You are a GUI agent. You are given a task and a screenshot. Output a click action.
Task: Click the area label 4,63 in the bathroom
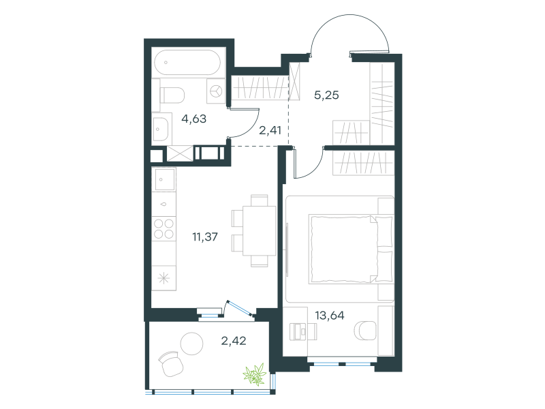193,119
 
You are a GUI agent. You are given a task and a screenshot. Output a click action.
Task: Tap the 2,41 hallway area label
270,130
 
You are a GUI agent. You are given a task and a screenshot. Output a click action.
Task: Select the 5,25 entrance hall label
326,95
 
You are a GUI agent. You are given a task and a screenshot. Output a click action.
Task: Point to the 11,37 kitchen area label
205,237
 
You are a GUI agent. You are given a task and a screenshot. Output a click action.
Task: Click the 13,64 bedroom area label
330,316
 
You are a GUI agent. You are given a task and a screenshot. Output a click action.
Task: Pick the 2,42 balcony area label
234,340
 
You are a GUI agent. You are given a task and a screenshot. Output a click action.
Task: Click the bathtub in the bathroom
187,63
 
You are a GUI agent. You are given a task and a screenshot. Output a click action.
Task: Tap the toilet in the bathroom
172,95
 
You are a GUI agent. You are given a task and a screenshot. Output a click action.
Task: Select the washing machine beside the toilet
216,91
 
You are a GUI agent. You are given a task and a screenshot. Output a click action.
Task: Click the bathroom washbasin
160,129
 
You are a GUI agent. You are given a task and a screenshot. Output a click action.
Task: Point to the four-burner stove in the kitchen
164,228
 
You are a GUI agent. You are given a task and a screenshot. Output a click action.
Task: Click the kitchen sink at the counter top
164,179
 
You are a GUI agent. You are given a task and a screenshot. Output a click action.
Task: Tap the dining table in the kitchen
260,230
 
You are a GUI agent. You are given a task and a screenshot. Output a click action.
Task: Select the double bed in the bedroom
351,249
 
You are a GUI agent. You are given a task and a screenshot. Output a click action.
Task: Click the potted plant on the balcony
255,374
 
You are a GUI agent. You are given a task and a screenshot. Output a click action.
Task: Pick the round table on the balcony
191,344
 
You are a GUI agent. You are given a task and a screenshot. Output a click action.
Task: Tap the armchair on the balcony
171,364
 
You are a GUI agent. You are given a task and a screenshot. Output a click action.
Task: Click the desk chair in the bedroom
365,330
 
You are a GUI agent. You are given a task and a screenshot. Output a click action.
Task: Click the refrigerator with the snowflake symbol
163,278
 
